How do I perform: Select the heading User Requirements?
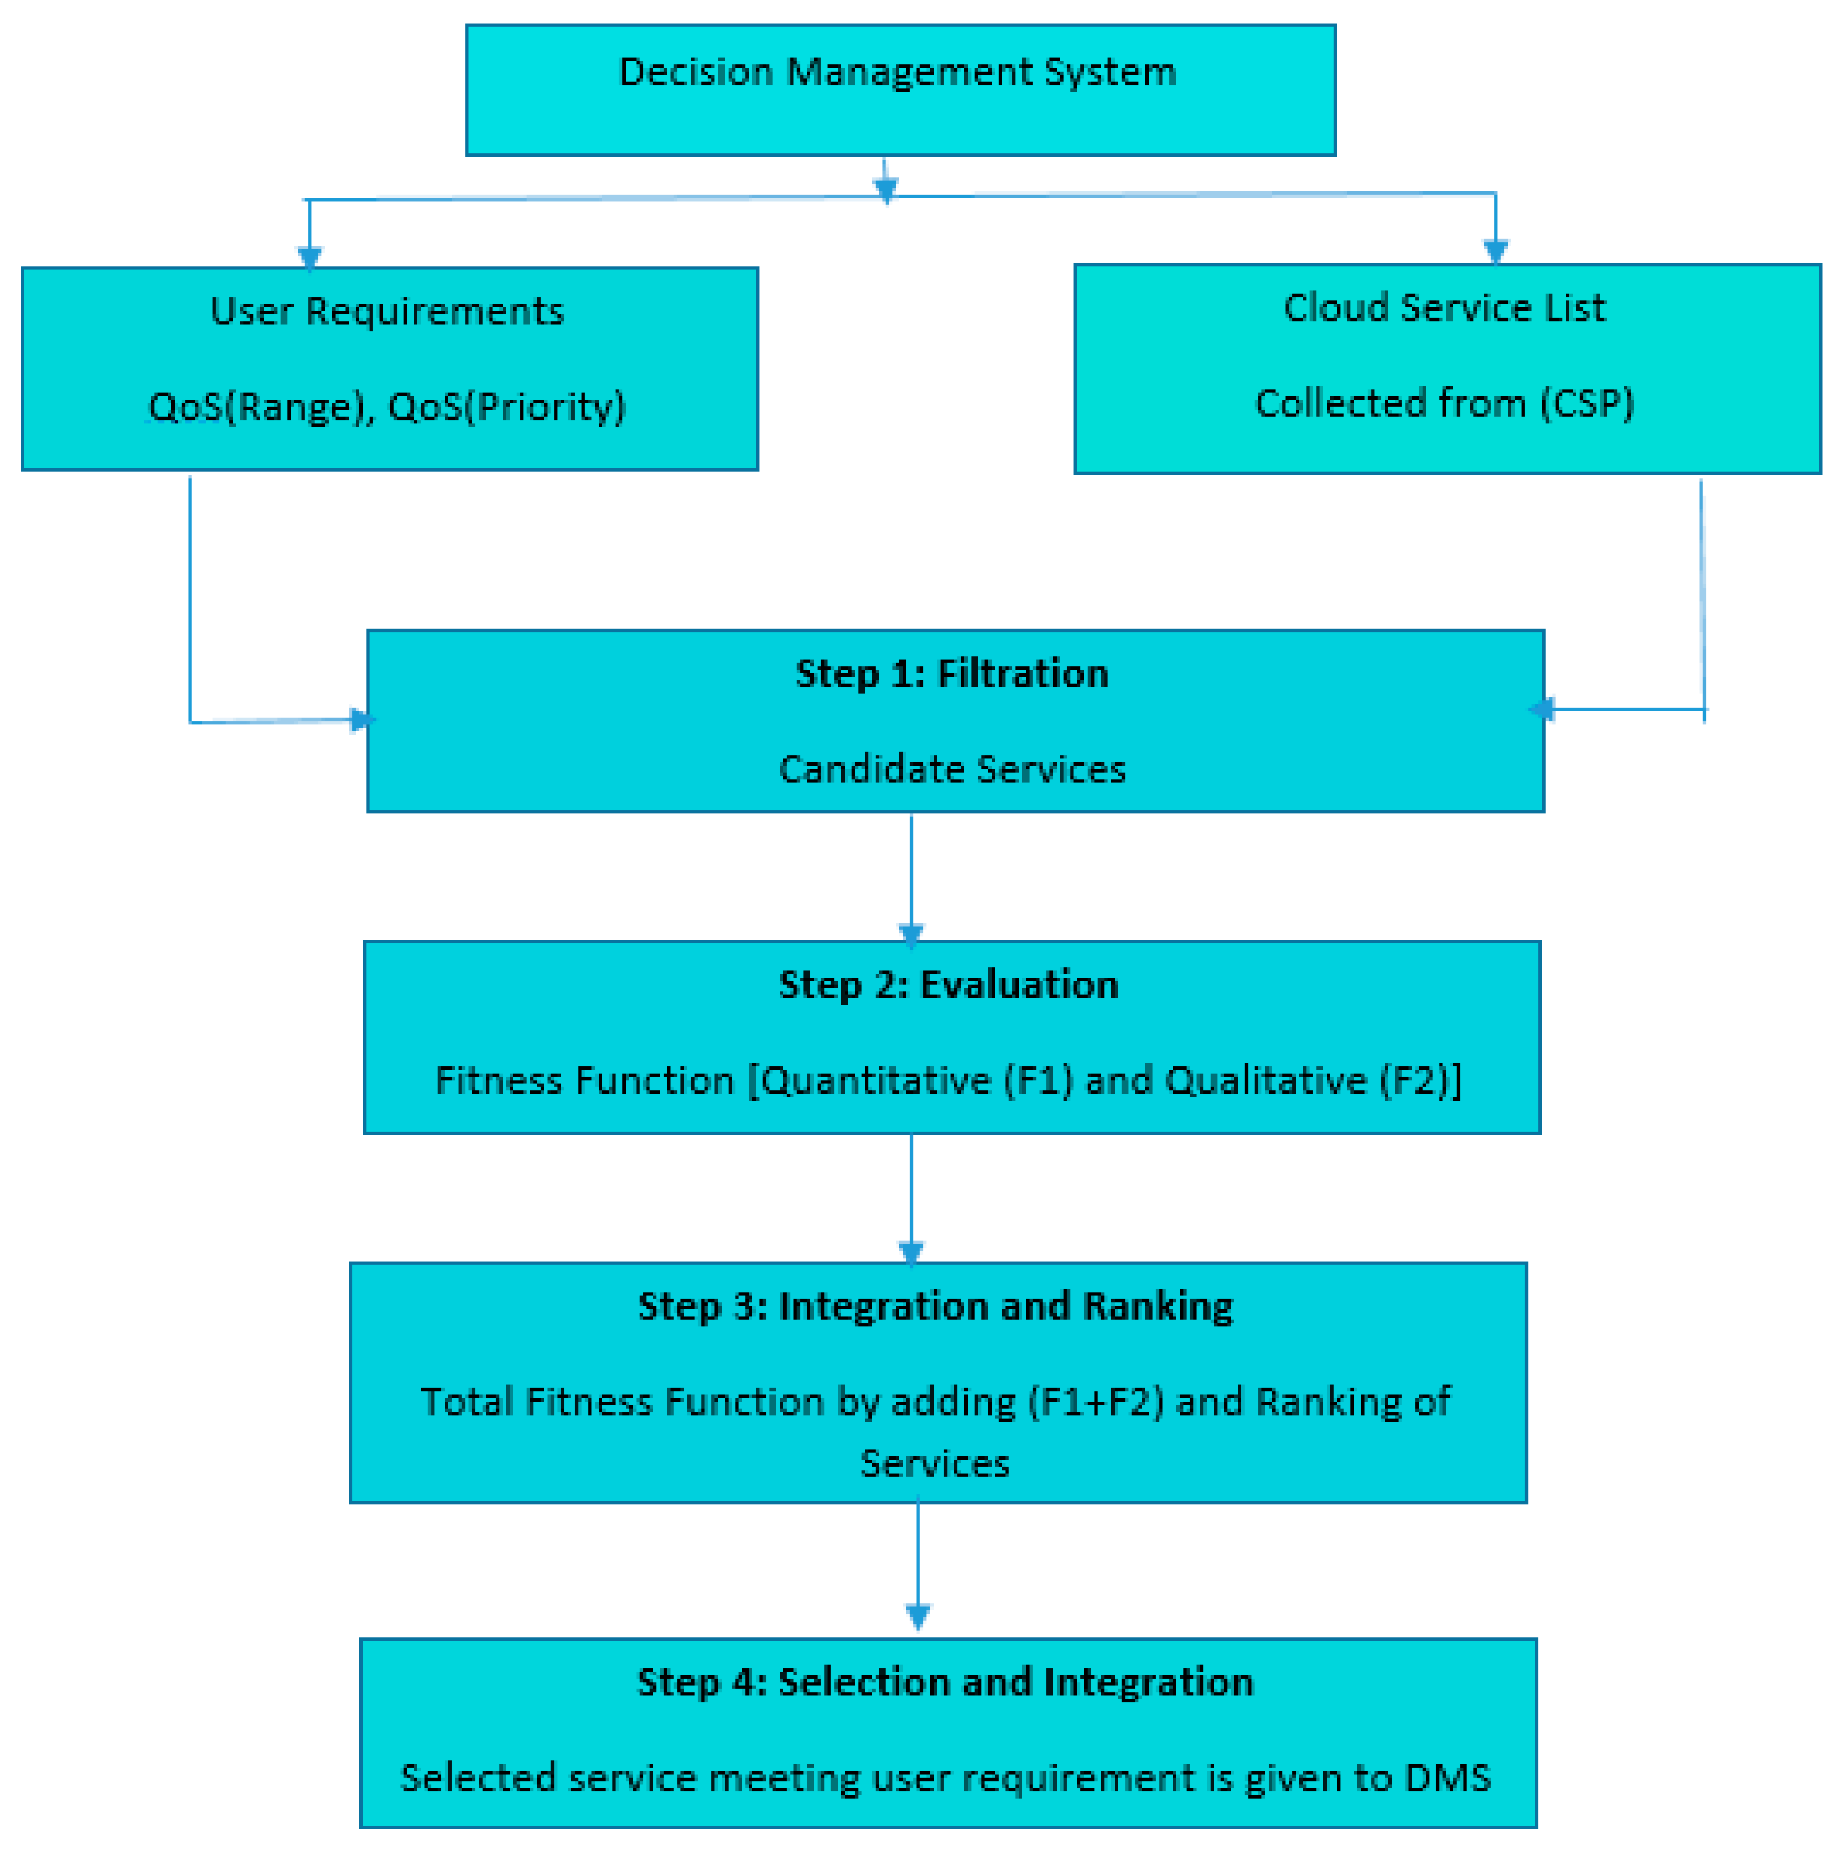tap(387, 311)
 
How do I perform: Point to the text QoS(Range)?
tap(257, 407)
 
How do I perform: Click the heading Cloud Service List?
tap(1444, 308)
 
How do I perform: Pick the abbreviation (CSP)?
tap(1586, 403)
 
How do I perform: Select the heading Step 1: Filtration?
tap(952, 674)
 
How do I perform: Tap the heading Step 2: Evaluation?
tap(948, 985)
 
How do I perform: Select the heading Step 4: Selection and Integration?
tap(945, 1683)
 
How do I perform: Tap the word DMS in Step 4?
tap(1447, 1778)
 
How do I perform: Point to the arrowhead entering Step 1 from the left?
tap(361, 720)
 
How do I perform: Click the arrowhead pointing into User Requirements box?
tap(309, 257)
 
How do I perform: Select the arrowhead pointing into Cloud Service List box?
tap(1495, 252)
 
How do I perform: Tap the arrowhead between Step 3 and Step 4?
tap(918, 1618)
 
